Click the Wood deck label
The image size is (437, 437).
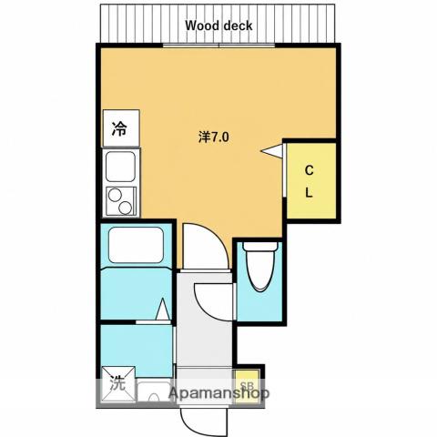(218, 25)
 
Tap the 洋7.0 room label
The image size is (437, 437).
(214, 137)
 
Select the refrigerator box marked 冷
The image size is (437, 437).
(121, 128)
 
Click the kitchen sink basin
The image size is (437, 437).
(120, 167)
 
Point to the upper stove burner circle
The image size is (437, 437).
(115, 195)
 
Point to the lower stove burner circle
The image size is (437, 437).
(125, 208)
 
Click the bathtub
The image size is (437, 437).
(136, 245)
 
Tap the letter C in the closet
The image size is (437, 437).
(309, 170)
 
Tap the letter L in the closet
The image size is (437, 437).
(309, 192)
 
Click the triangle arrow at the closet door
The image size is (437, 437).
(271, 151)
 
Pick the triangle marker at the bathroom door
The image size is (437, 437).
(163, 309)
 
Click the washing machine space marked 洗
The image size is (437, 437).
(118, 383)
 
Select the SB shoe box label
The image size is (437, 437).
(247, 386)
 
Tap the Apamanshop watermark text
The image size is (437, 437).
(219, 393)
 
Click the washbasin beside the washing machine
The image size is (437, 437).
(154, 391)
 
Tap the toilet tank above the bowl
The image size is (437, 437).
(260, 246)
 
